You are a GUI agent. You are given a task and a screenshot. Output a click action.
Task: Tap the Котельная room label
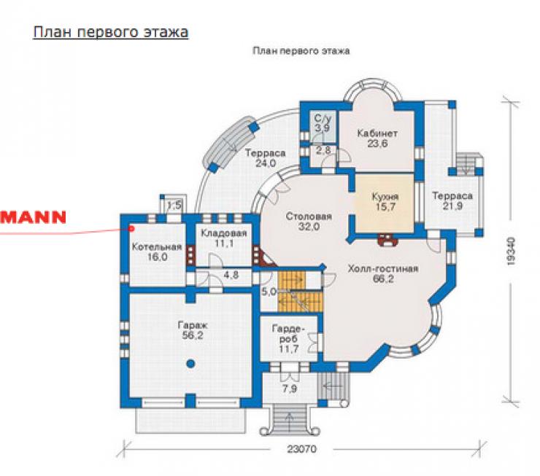tap(157, 247)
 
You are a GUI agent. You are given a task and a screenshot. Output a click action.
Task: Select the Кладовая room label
tap(224, 233)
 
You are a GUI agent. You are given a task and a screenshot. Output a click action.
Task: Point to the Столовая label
tap(309, 216)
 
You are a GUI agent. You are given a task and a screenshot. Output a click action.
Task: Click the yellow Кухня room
tap(385, 203)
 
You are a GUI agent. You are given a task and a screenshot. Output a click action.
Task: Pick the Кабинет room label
tap(377, 133)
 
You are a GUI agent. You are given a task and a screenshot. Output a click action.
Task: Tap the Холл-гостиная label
tap(383, 268)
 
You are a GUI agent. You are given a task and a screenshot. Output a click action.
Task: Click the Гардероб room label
tap(288, 334)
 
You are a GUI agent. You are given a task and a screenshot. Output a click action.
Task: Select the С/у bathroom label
tap(323, 119)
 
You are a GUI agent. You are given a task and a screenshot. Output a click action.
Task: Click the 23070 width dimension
tap(301, 449)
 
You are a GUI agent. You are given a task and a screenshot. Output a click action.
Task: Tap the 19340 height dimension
tap(511, 251)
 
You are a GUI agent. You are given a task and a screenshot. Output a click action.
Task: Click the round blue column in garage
tap(190, 364)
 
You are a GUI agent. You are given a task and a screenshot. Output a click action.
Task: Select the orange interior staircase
tap(301, 292)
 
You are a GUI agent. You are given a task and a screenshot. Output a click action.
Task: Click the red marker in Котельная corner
tap(131, 228)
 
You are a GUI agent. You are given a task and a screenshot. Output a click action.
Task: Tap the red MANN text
tap(33, 217)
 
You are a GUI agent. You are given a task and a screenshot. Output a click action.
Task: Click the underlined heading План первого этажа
tap(110, 32)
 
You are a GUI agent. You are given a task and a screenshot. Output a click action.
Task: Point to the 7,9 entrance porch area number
tap(290, 389)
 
